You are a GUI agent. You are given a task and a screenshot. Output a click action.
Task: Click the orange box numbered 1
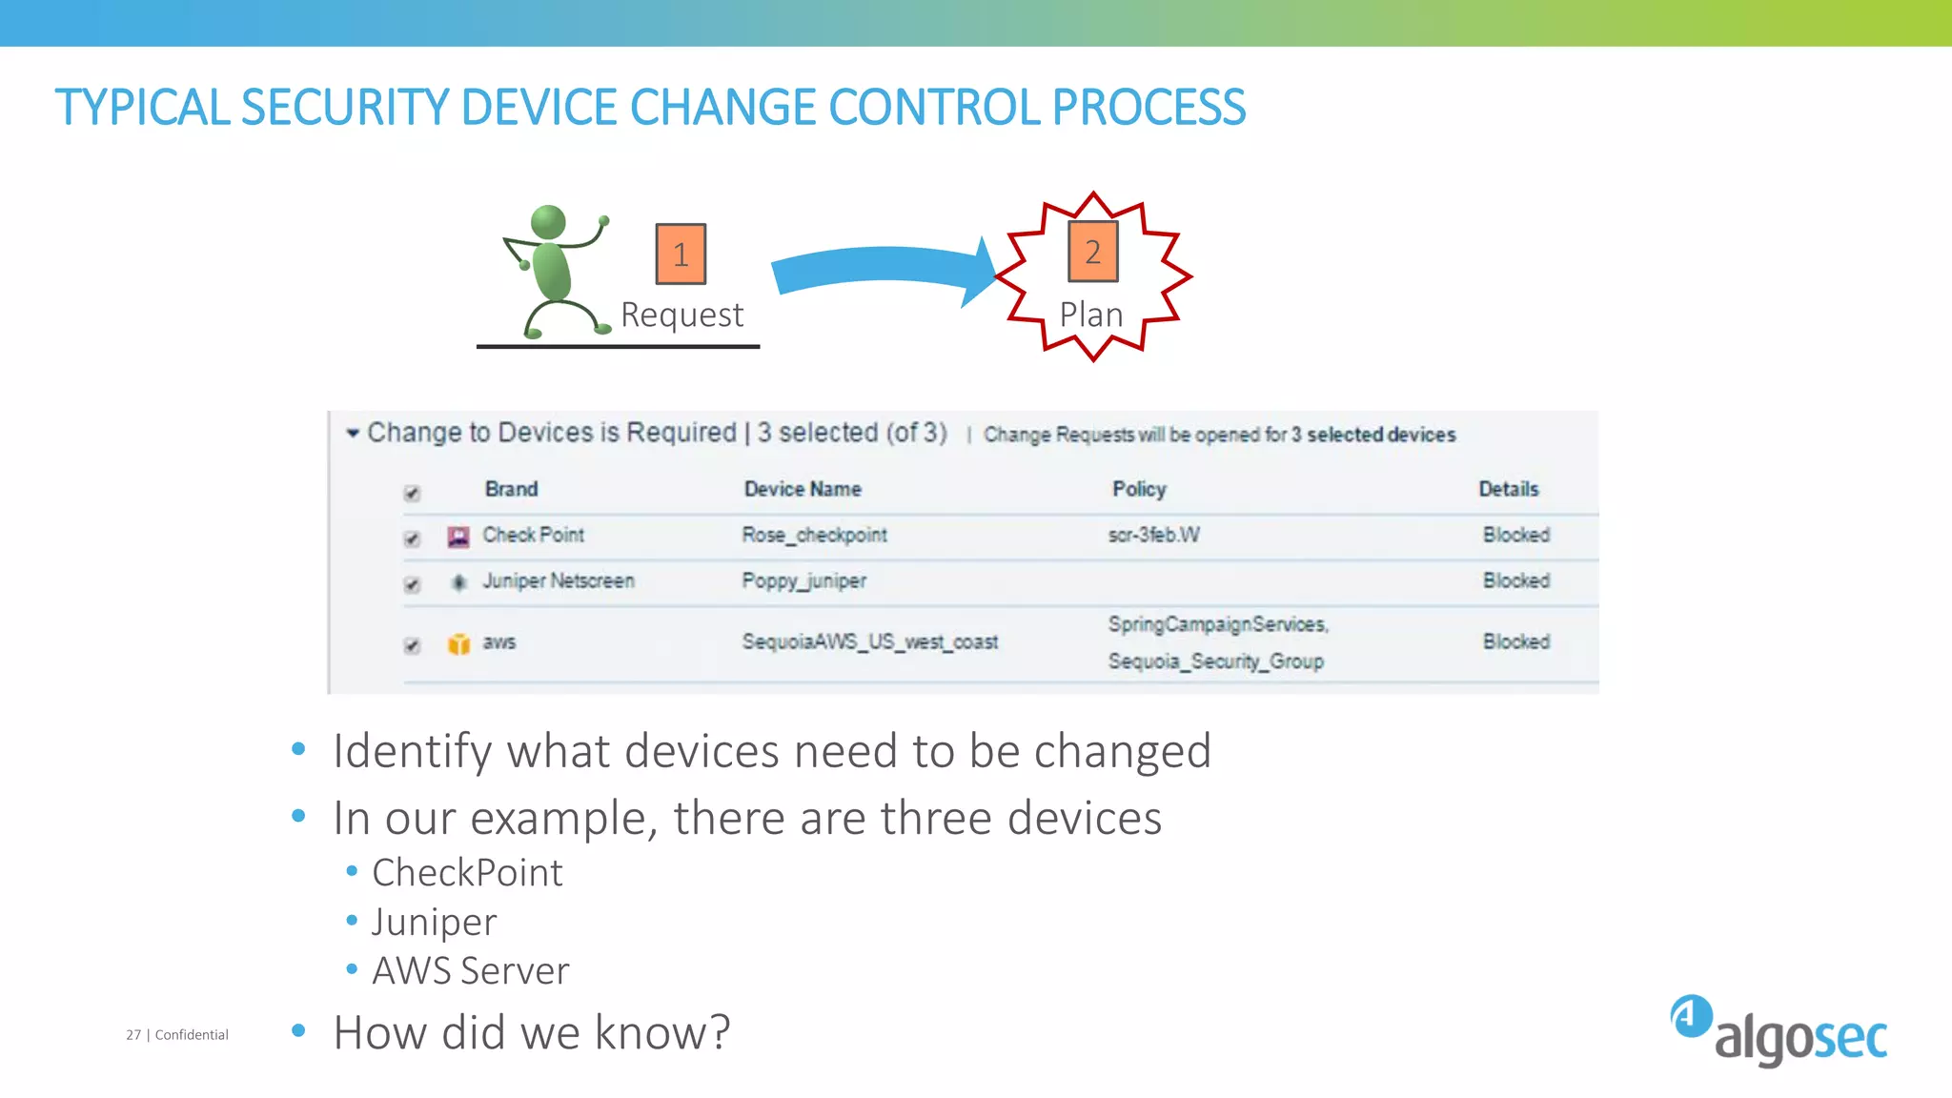coord(681,254)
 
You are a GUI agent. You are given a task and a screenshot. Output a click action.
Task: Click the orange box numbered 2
coord(1092,252)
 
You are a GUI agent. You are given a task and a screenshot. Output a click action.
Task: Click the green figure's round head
coord(549,222)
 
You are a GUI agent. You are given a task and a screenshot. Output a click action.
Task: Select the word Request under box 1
coord(681,315)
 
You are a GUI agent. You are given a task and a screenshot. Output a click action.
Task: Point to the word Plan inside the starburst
coord(1091,315)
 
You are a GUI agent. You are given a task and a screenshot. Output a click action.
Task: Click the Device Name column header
coord(803,489)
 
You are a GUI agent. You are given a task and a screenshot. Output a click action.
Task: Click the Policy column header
coord(1139,489)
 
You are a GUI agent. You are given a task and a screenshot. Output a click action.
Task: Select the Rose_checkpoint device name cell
coord(814,535)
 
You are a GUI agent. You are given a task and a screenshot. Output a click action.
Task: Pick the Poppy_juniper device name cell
coord(803,580)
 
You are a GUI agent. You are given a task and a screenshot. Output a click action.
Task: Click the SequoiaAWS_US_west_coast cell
coord(869,641)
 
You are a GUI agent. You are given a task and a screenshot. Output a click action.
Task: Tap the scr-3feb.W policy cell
coord(1153,535)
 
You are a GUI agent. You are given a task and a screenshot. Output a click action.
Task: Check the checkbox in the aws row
coord(412,645)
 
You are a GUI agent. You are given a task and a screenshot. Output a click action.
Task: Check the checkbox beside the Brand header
coord(412,493)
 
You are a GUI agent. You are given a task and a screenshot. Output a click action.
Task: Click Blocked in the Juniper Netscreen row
coord(1515,580)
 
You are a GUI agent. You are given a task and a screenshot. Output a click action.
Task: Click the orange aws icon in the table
coord(458,644)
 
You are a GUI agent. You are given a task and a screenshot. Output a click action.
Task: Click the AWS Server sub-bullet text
coord(470,970)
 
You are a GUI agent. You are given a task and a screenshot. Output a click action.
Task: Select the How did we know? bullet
coord(531,1032)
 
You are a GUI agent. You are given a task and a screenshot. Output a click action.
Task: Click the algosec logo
coord(1779,1031)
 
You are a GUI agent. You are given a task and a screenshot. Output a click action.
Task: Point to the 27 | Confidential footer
coord(177,1034)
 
